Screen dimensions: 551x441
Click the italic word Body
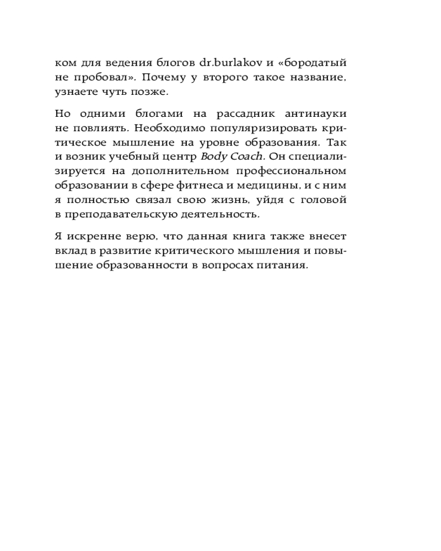point(212,156)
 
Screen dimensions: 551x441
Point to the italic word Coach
point(243,156)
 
